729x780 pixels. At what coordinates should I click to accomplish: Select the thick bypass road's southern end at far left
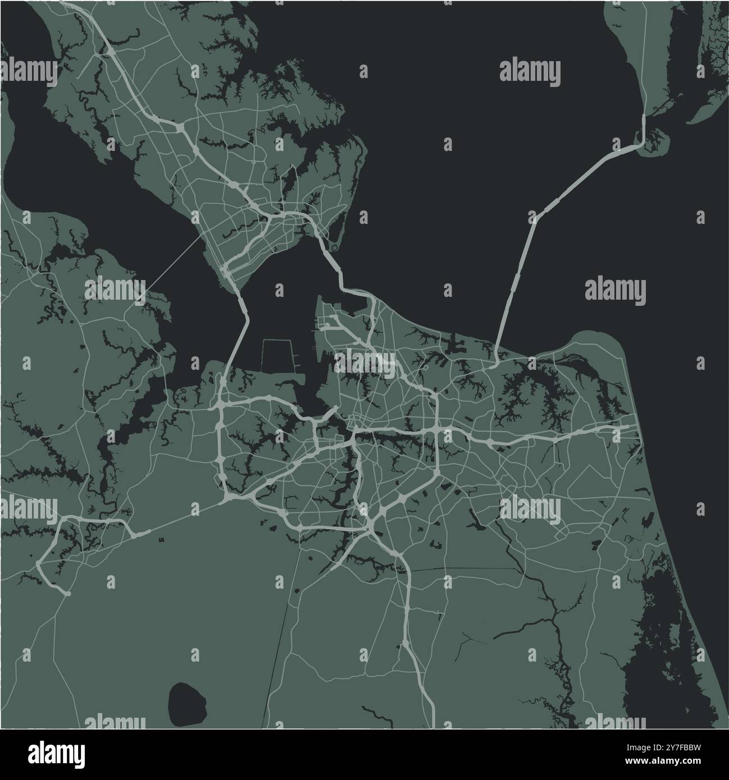coord(66,593)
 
